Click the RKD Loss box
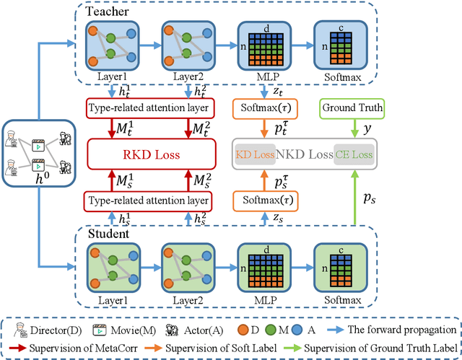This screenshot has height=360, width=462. (x=152, y=154)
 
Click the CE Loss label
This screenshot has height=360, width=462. (x=354, y=154)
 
